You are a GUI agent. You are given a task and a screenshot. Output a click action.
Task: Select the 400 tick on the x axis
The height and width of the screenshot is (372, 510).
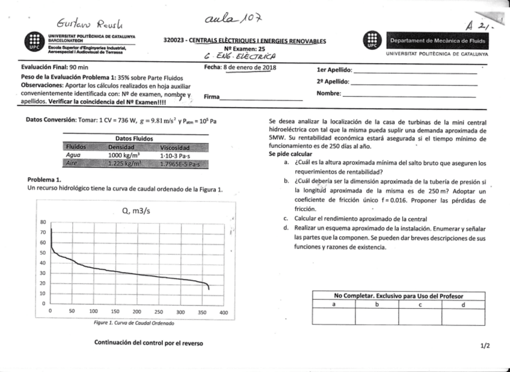(x=224, y=313)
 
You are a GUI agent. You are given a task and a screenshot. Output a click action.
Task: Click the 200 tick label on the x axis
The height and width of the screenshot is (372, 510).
(x=137, y=313)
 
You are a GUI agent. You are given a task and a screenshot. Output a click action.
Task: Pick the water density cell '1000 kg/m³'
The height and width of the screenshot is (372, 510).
(x=124, y=154)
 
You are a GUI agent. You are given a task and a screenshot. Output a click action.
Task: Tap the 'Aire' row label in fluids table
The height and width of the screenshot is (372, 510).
(x=72, y=162)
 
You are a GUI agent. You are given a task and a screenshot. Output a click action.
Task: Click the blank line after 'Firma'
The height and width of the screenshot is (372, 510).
(x=261, y=99)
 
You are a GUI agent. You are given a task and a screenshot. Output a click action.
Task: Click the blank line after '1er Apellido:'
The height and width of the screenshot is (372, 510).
(x=415, y=71)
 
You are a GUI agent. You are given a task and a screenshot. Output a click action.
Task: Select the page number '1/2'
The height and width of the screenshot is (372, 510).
(x=485, y=346)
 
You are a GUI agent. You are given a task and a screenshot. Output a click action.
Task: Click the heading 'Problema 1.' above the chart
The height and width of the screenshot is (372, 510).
(x=45, y=180)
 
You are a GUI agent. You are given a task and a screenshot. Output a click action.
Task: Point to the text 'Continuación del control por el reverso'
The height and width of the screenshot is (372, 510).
(x=149, y=343)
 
